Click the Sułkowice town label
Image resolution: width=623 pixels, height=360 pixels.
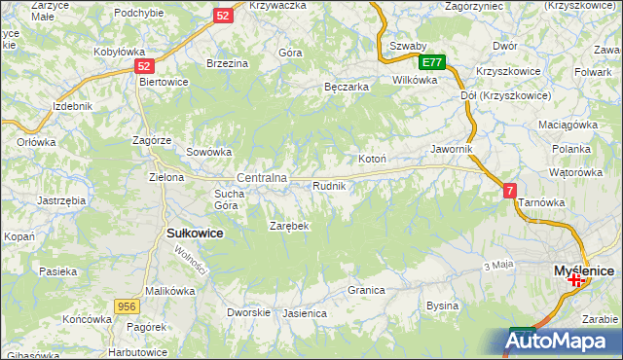pos(196,234)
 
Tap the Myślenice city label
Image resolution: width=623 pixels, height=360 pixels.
pos(583,268)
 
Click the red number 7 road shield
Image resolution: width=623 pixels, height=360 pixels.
pos(510,192)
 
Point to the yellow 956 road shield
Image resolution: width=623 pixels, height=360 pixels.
pos(126,306)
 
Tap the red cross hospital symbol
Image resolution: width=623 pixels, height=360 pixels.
pos(575,280)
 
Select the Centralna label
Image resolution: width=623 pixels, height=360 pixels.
pos(262,178)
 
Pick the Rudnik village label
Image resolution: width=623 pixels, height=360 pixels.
pos(329,185)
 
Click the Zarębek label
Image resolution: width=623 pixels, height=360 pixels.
pos(289,226)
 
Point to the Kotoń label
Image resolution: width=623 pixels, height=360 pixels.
pos(373,159)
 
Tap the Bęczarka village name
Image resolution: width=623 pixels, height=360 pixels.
pos(347,87)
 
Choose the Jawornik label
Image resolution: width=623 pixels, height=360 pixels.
pos(452,149)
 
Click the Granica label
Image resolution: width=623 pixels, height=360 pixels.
pos(367,290)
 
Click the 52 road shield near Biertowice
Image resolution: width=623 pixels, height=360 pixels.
pos(144,66)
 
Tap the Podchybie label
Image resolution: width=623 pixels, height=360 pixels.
pos(138,13)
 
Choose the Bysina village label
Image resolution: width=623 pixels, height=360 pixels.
pos(443,306)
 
